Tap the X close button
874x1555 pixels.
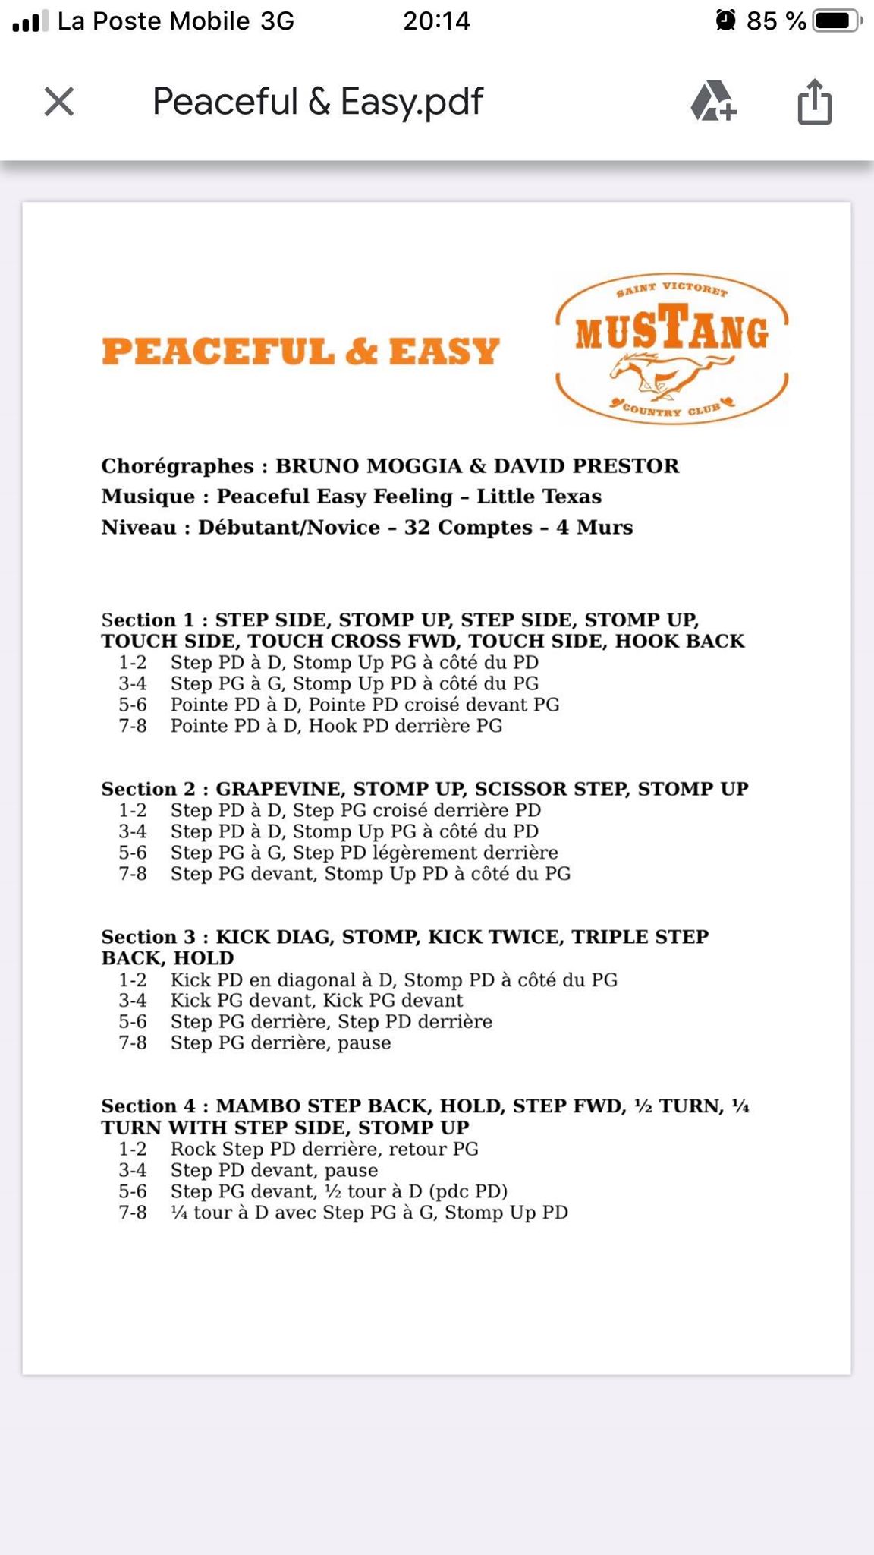point(59,101)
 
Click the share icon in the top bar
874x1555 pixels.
point(814,101)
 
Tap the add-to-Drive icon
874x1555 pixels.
point(712,101)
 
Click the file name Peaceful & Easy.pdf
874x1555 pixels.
point(318,102)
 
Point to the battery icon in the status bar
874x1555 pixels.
point(836,21)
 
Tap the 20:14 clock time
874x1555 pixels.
point(436,21)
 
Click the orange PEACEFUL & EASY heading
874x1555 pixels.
point(300,352)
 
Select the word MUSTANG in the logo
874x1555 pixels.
point(672,331)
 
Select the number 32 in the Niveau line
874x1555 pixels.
point(417,527)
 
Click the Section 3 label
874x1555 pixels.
point(149,937)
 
